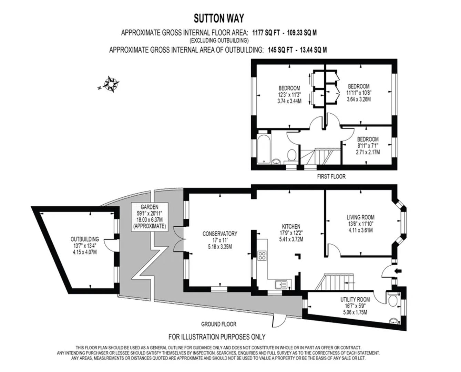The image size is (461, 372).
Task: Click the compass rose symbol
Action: point(111,84)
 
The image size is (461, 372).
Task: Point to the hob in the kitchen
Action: point(262,256)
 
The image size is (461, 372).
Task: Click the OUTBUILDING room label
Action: point(85,239)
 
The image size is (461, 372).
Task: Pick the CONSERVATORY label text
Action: point(219,234)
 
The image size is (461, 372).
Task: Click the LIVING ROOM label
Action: point(360,217)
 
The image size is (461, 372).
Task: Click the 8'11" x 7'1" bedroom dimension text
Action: point(368,146)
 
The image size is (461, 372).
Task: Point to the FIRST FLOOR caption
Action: point(331,177)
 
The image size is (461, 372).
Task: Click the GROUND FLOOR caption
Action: point(219,324)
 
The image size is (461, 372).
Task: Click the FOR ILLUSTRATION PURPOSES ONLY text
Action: point(217,337)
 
